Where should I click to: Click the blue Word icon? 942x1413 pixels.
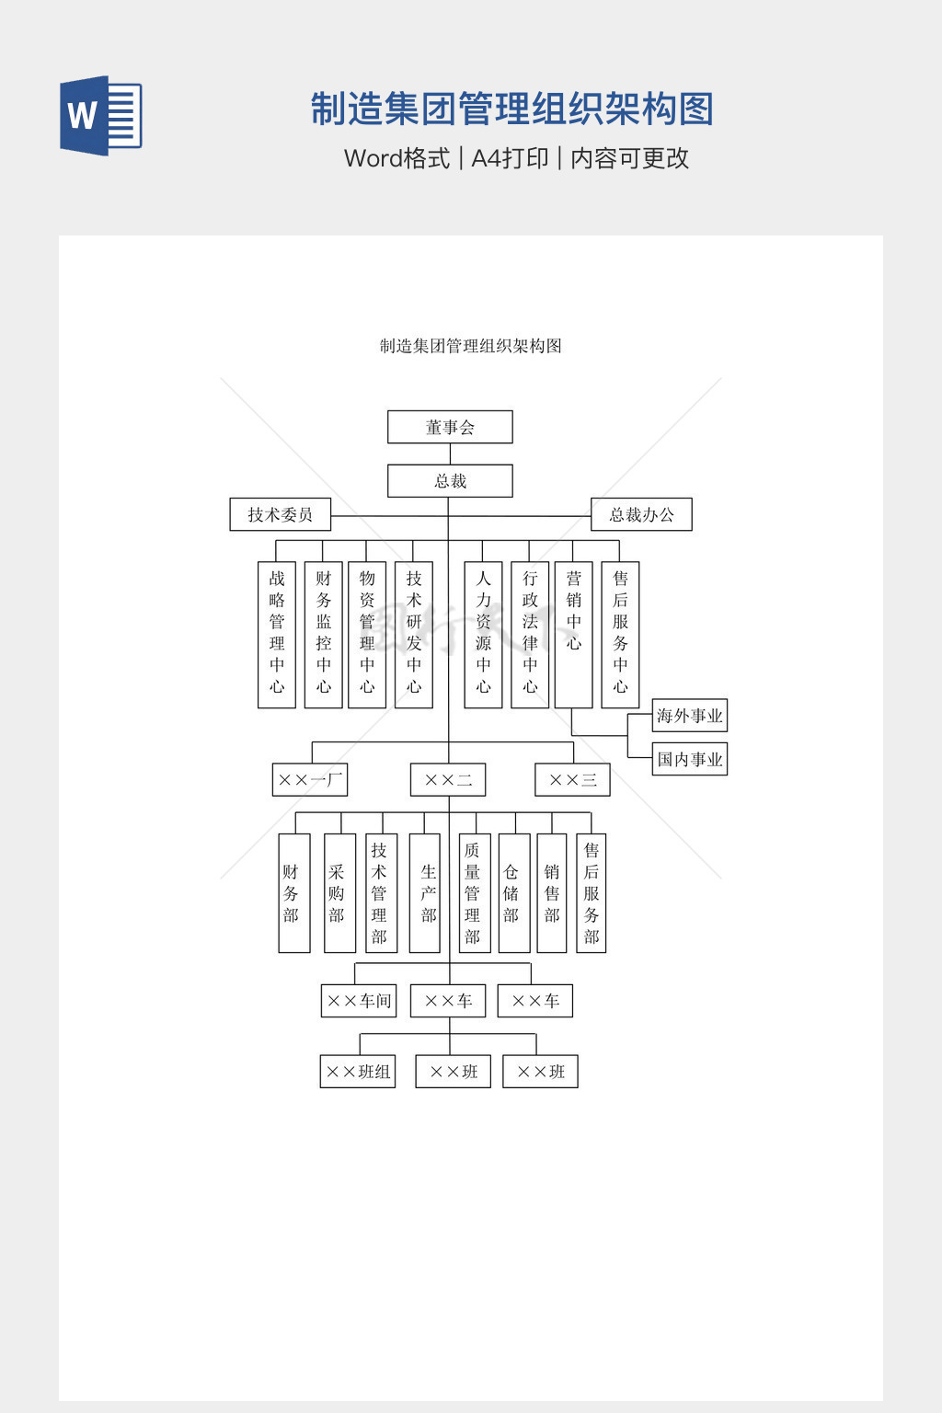(x=100, y=116)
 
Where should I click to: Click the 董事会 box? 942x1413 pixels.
(x=450, y=427)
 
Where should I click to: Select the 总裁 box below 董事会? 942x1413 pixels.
(x=450, y=481)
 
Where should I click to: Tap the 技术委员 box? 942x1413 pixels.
(x=280, y=514)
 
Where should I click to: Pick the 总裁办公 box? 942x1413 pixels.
(x=641, y=514)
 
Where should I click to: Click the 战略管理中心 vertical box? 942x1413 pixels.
(x=277, y=634)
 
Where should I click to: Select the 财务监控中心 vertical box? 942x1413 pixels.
(x=323, y=634)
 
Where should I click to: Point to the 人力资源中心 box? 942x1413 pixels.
(x=483, y=634)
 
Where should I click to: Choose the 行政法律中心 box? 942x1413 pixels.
(x=530, y=634)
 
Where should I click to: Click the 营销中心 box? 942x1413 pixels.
(x=573, y=634)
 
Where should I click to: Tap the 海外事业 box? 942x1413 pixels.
(x=690, y=716)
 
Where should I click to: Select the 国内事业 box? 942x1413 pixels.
(x=690, y=759)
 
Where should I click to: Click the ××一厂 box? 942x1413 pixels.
(x=310, y=780)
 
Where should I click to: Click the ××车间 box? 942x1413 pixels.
(x=359, y=1001)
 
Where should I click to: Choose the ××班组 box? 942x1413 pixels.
(x=358, y=1072)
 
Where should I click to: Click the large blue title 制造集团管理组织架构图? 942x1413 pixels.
(x=511, y=109)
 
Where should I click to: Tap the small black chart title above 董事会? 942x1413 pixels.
(x=471, y=346)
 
